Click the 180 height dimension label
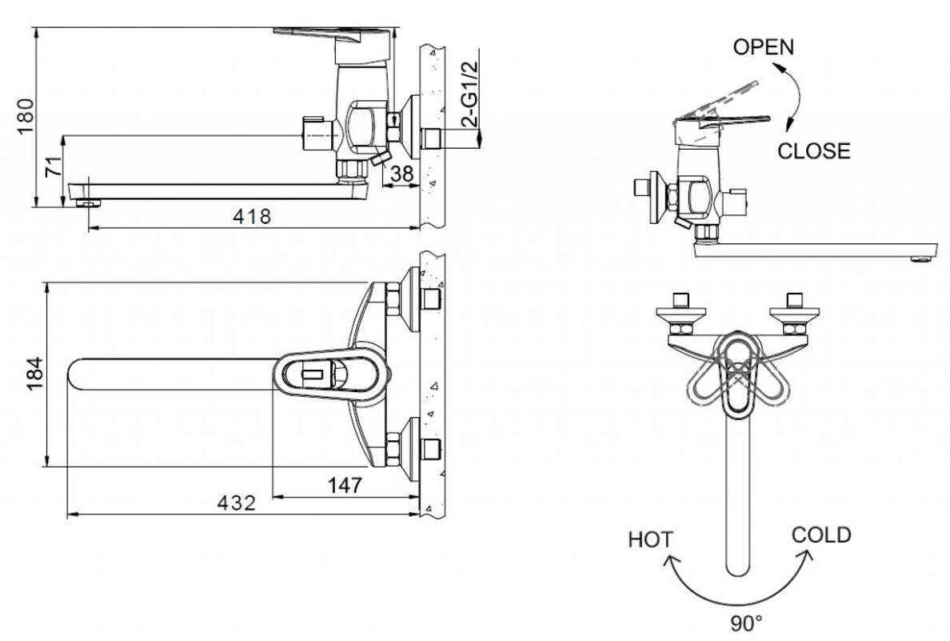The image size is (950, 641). [x=26, y=116]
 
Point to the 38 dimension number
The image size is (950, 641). [x=402, y=172]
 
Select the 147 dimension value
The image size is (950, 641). [x=344, y=485]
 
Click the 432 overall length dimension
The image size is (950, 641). [x=237, y=503]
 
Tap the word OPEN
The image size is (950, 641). [x=763, y=46]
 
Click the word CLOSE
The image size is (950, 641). [x=814, y=150]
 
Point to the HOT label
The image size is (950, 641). [x=650, y=539]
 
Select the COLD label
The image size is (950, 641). [x=821, y=535]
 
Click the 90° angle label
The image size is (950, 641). [x=747, y=621]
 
